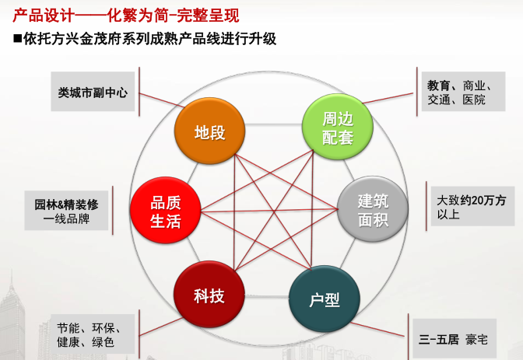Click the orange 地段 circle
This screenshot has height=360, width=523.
(x=209, y=132)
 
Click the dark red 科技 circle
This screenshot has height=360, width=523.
(x=209, y=295)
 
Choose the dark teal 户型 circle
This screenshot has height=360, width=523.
(x=325, y=299)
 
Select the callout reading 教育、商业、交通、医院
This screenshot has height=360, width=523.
(x=461, y=92)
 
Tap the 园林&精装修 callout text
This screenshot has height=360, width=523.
(x=66, y=204)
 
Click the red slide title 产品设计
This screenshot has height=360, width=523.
(x=43, y=15)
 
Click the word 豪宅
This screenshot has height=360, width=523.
(x=476, y=340)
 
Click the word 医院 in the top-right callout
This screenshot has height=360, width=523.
(x=473, y=100)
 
